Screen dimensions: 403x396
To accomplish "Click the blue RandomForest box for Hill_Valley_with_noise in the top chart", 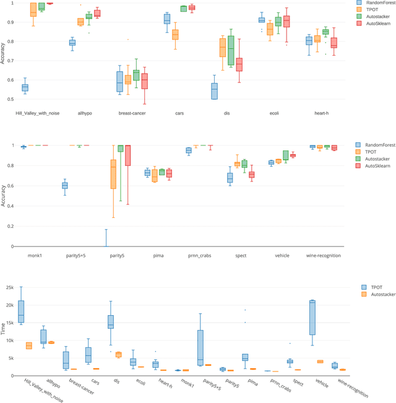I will (x=25, y=87).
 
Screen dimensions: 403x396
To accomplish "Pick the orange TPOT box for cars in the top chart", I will (x=175, y=34).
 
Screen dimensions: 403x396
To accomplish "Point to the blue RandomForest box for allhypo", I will (x=72, y=42).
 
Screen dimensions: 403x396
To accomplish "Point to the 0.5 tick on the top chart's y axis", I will (x=10, y=99).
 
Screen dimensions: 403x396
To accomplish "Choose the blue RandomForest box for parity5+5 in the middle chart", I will (x=64, y=185).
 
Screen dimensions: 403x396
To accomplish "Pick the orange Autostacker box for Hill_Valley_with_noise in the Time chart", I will (x=28, y=345).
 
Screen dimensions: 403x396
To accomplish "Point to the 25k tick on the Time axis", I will (x=9, y=288).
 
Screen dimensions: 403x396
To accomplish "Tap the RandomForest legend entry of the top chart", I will (x=377, y=2).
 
